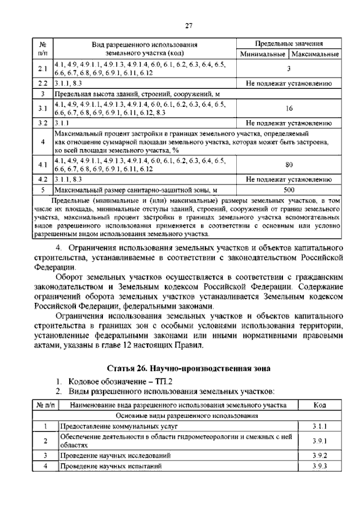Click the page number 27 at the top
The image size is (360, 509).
pos(188,25)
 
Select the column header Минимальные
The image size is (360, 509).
pos(262,55)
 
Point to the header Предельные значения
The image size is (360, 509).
pos(289,44)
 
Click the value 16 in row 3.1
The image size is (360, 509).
pos(289,109)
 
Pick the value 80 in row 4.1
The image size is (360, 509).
pos(289,165)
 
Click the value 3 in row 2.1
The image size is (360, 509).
pos(289,69)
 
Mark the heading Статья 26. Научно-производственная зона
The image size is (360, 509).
pos(188,368)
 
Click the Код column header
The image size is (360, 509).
pos(319,404)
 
